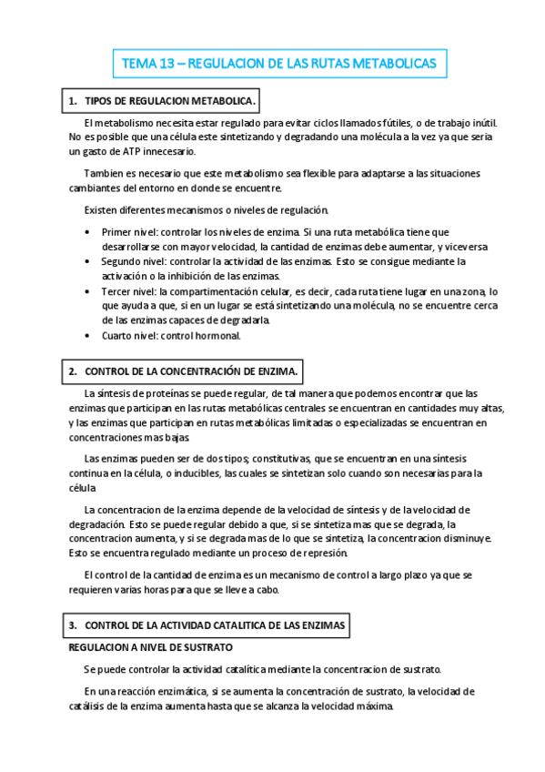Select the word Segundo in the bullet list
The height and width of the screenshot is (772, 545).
122,261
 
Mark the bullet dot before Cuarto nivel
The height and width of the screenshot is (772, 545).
86,335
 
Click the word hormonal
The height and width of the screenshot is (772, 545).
219,335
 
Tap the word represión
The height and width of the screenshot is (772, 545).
326,553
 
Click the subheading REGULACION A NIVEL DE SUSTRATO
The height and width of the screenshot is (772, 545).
151,647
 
